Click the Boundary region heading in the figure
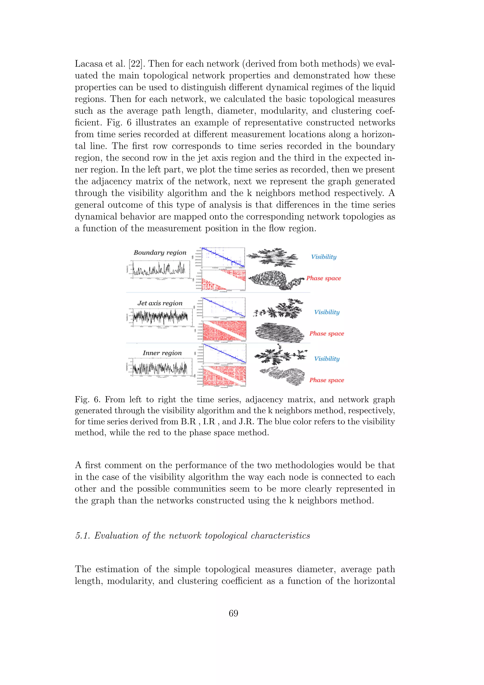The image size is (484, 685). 160,253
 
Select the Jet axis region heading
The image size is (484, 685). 160,303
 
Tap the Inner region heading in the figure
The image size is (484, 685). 162,353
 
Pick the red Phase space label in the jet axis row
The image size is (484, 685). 326,334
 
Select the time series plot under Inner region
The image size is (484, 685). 160,366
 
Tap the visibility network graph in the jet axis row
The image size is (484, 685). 279,309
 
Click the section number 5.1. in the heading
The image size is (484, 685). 82,536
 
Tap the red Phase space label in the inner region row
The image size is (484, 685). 326,380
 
